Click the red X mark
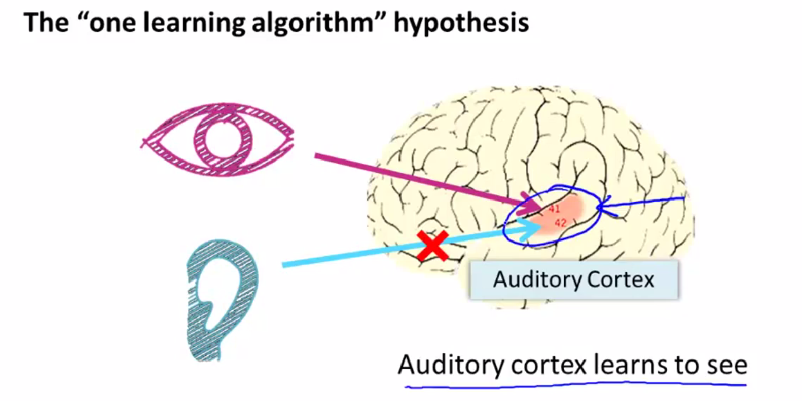click(x=433, y=246)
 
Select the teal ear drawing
click(x=220, y=299)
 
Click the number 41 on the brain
click(x=554, y=209)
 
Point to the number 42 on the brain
click(x=560, y=223)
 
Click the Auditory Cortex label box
click(x=573, y=279)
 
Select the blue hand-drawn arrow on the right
click(x=641, y=204)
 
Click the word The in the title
click(x=46, y=23)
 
